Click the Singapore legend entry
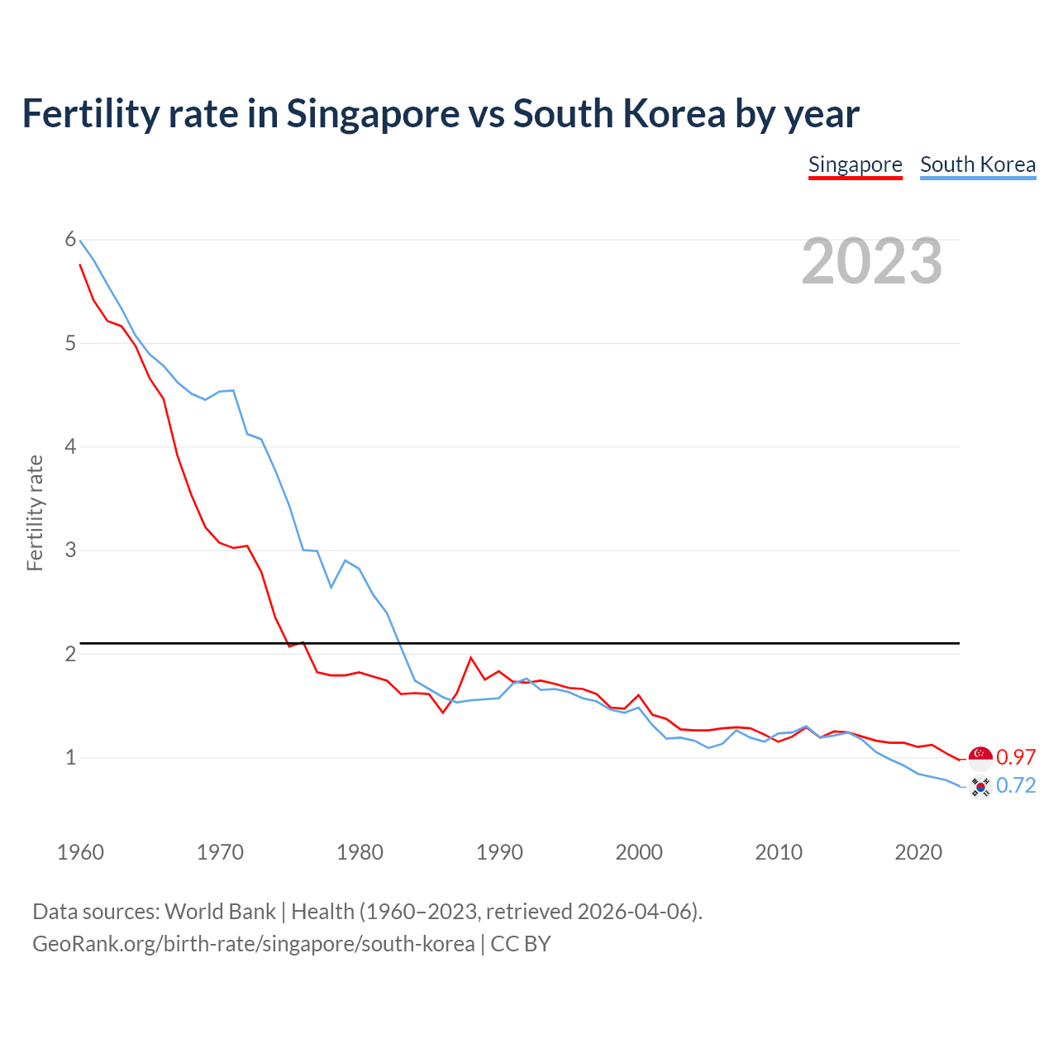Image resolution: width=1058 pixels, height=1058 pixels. click(x=855, y=164)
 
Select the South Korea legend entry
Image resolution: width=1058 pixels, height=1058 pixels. click(x=978, y=164)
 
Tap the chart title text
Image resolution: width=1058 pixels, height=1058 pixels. click(x=441, y=113)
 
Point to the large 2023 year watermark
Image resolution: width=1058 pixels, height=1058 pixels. click(x=871, y=261)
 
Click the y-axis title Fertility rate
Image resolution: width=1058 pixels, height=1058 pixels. click(x=35, y=512)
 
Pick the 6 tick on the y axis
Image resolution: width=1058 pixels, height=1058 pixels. click(x=70, y=240)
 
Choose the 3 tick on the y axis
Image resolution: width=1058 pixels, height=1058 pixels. click(x=70, y=550)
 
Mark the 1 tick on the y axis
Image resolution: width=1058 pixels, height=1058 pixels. click(x=70, y=757)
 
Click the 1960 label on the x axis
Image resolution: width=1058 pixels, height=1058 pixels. click(x=80, y=852)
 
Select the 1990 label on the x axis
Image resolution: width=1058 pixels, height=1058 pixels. click(x=499, y=852)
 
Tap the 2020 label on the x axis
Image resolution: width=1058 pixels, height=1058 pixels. click(x=918, y=852)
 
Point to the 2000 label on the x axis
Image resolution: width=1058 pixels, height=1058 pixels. click(x=639, y=852)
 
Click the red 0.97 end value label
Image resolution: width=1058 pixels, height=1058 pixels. click(x=1016, y=757)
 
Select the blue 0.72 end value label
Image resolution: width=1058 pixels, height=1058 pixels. click(x=1016, y=785)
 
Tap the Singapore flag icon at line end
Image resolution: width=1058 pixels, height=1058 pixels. click(x=980, y=758)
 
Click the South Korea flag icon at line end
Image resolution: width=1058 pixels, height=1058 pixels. click(x=980, y=787)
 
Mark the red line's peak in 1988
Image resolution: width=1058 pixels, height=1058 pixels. click(x=471, y=658)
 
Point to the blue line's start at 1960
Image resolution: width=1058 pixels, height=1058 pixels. click(x=80, y=241)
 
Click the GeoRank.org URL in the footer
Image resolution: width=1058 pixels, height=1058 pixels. click(x=254, y=944)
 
